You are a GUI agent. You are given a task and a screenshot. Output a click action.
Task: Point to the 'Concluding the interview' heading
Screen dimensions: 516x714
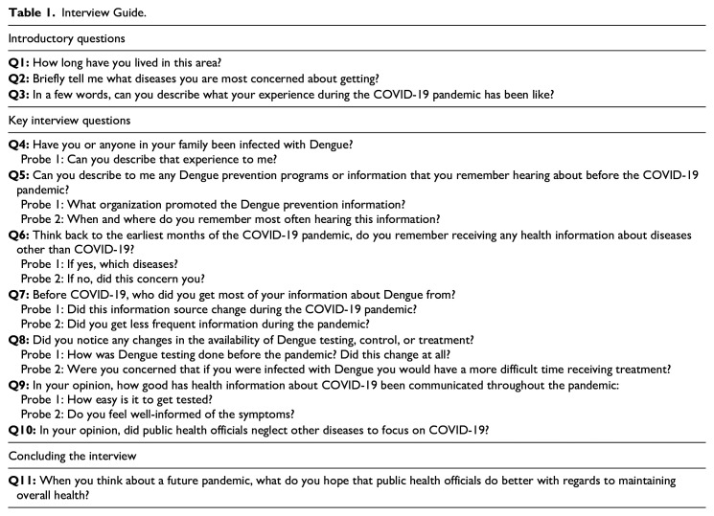click(x=69, y=453)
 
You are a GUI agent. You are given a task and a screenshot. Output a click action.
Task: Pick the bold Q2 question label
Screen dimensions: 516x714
click(x=18, y=79)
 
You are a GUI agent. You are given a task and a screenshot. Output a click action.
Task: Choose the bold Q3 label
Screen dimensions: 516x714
click(x=18, y=97)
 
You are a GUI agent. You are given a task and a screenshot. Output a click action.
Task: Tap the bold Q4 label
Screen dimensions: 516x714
click(x=18, y=145)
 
